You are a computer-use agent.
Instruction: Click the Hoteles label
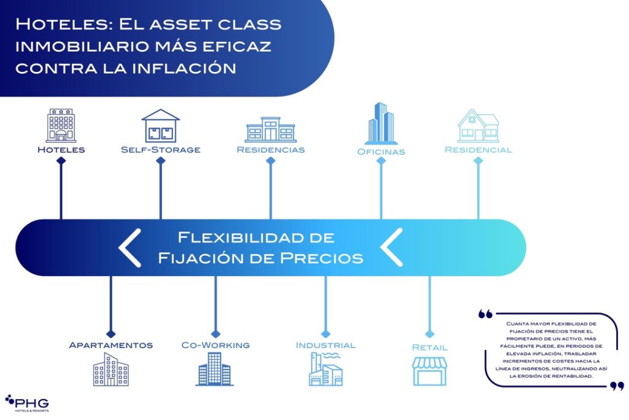61,149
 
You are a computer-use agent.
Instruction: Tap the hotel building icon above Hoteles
61,125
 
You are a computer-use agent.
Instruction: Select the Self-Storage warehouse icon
160,125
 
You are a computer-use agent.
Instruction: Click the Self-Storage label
160,149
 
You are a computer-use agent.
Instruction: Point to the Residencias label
270,149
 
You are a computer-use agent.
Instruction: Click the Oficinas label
381,151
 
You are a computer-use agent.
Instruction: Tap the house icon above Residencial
478,125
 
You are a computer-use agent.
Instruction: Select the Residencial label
478,149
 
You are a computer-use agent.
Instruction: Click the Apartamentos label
111,345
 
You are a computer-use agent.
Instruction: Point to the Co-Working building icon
215,369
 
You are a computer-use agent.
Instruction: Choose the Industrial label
326,345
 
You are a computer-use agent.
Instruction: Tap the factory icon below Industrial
326,370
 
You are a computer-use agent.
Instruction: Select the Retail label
429,347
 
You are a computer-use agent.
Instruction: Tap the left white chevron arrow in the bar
130,247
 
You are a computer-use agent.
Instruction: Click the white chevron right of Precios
391,247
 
